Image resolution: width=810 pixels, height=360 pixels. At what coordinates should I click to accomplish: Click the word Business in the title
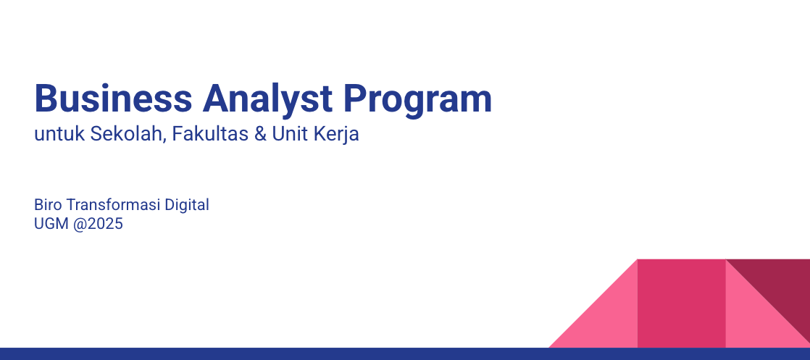coord(113,98)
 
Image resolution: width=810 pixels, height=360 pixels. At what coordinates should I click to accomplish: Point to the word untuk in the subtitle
coord(59,134)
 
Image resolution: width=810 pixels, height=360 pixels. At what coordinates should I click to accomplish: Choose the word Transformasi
coord(114,204)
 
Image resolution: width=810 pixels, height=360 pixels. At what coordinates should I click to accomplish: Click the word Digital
coord(187,206)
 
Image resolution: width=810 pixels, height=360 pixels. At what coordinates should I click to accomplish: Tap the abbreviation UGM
coord(51,224)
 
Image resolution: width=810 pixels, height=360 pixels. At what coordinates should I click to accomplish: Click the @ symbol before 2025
coord(80,224)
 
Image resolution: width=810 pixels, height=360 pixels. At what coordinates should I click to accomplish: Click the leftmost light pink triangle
coord(607,318)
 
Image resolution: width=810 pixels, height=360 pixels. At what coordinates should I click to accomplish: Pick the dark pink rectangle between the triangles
coord(681,304)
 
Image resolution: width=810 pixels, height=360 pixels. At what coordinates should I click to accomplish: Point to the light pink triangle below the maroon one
coord(753,318)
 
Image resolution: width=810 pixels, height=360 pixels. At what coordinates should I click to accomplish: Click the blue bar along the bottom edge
coord(405,353)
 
